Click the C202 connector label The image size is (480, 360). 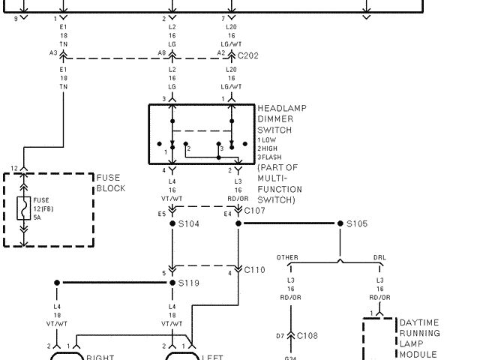tap(248, 55)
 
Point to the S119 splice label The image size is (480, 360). tap(188, 283)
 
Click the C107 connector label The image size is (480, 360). tap(255, 212)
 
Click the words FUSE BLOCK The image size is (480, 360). tap(111, 183)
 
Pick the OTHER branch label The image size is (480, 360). tap(287, 258)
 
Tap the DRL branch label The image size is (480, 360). tap(379, 258)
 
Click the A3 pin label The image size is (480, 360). tap(53, 54)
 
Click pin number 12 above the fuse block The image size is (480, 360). tap(13, 168)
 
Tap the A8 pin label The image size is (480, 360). tap(161, 54)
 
